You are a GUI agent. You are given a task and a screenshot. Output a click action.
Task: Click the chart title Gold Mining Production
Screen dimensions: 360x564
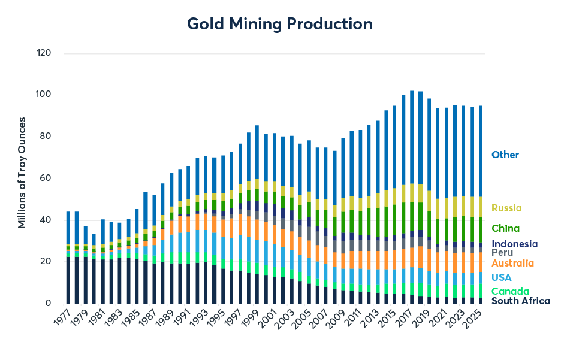point(280,24)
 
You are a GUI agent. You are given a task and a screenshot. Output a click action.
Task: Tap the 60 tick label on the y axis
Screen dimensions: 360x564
point(44,179)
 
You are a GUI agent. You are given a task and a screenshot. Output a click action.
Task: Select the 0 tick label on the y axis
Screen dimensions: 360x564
point(48,304)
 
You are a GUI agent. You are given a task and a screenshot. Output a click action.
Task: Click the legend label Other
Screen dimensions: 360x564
point(505,155)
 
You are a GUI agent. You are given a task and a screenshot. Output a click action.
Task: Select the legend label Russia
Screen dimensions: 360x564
point(506,208)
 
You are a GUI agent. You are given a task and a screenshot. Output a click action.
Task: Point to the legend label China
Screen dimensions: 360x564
point(505,228)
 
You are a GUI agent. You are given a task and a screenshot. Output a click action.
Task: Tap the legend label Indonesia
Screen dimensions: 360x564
point(514,244)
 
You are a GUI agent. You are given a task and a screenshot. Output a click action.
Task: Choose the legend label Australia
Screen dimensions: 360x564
point(512,263)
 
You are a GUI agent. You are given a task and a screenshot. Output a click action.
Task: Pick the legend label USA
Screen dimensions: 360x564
point(501,277)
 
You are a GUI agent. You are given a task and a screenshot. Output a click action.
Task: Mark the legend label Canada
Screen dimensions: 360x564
point(509,291)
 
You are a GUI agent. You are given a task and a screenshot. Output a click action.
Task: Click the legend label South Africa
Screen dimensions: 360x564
point(520,301)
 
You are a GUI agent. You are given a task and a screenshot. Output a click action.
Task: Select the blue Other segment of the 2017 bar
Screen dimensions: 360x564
point(412,138)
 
